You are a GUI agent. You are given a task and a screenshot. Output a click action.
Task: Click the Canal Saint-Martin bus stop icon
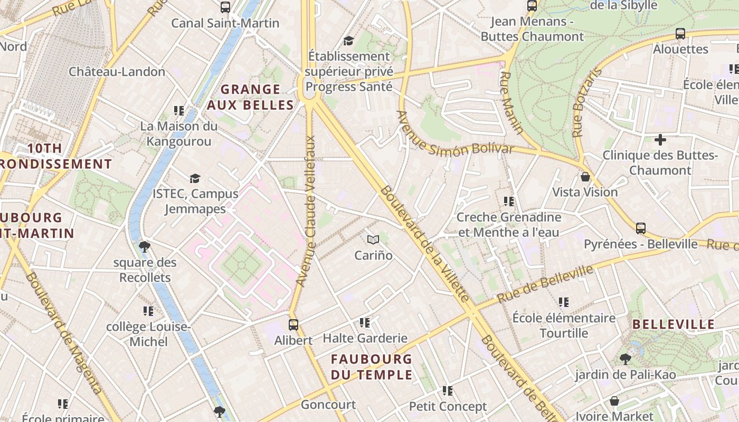click(225, 7)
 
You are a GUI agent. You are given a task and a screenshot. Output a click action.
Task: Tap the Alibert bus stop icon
click(293, 325)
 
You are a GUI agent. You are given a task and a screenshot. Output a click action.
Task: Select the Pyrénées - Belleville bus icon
click(640, 228)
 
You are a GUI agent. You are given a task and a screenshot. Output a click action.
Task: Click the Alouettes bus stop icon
click(680, 34)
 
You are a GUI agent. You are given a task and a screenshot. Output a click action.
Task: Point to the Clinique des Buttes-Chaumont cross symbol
click(660, 140)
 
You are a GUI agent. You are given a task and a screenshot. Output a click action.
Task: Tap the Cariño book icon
click(373, 240)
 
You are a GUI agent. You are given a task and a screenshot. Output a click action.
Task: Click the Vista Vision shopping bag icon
click(585, 177)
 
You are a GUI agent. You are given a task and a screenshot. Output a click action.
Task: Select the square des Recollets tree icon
click(144, 247)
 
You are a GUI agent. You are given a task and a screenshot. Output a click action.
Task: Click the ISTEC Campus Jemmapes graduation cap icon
click(195, 178)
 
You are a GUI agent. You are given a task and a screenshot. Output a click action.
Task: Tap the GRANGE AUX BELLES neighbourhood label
click(250, 97)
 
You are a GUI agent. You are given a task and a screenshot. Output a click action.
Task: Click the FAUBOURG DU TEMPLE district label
click(371, 367)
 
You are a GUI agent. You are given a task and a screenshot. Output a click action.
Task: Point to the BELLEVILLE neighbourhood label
click(673, 324)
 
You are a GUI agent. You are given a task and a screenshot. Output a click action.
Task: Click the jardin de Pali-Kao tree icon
click(625, 359)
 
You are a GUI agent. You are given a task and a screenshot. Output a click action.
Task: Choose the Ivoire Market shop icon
click(614, 401)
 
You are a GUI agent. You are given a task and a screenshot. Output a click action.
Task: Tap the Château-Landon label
click(117, 72)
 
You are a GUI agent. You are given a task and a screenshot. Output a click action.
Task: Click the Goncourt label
click(328, 405)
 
